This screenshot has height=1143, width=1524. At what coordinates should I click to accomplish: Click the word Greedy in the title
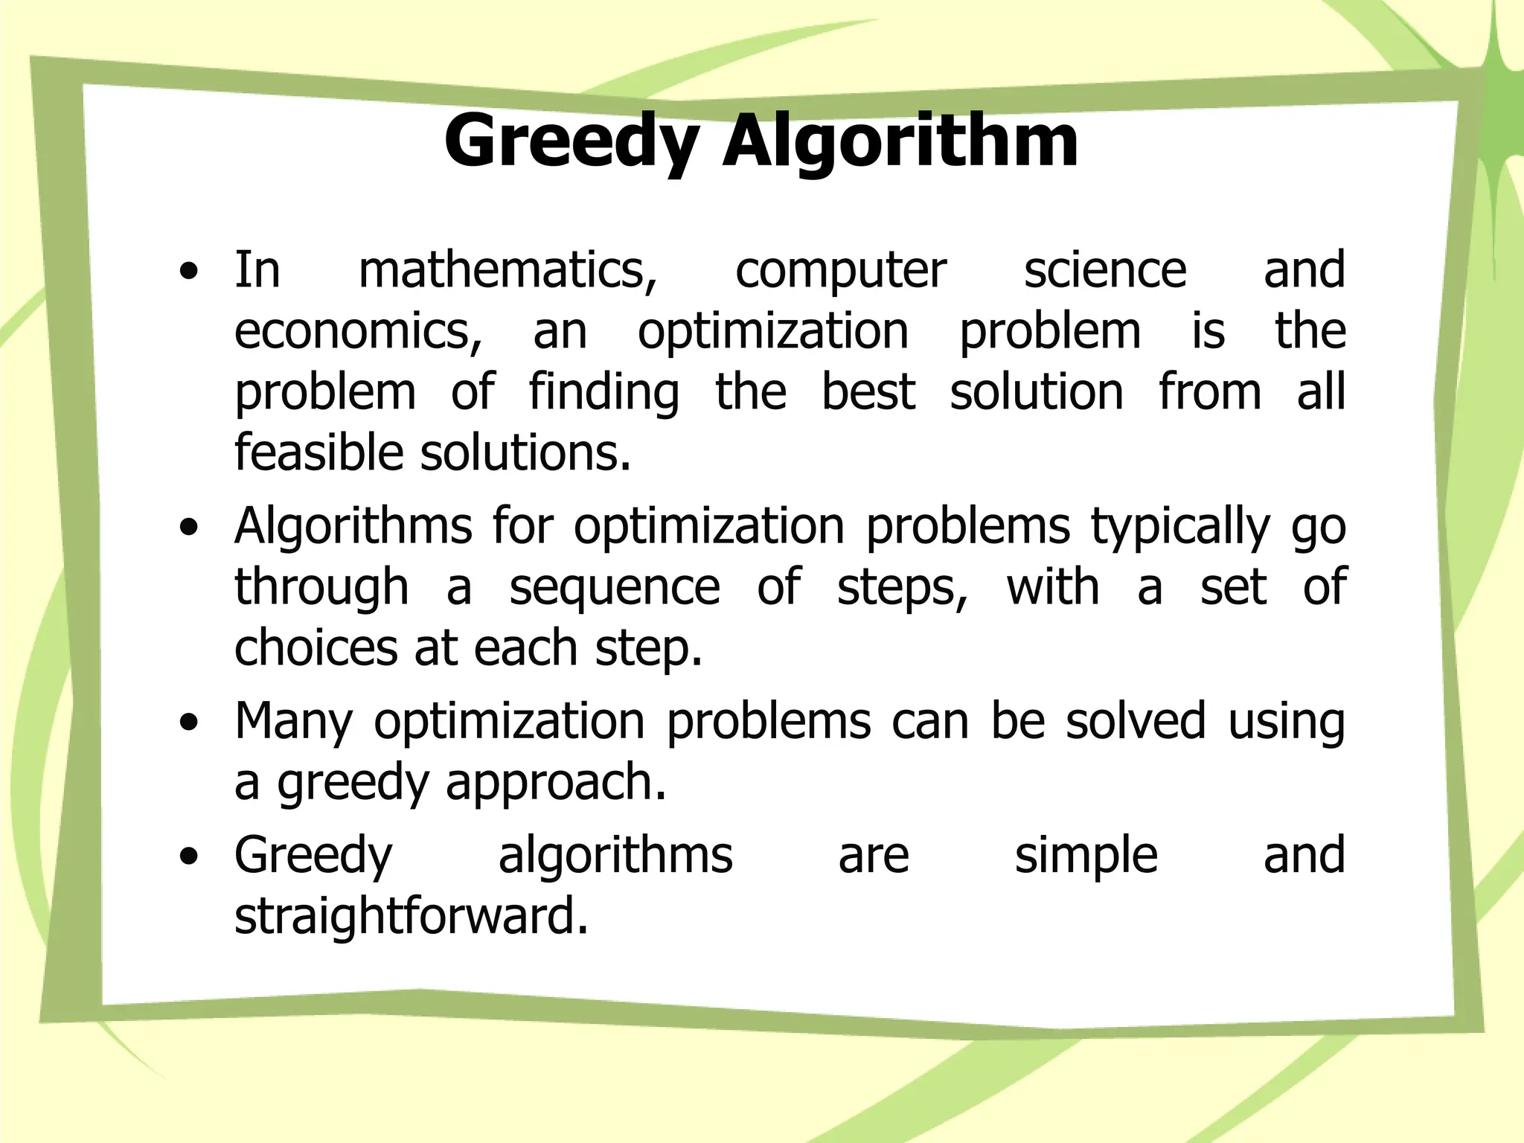pyautogui.click(x=571, y=141)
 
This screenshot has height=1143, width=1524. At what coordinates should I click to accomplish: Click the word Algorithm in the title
pyautogui.click(x=900, y=141)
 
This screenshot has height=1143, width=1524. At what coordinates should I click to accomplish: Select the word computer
pyautogui.click(x=841, y=271)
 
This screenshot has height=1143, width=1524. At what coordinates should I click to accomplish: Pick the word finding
pyautogui.click(x=604, y=393)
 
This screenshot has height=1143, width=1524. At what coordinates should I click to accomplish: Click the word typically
pyautogui.click(x=1180, y=527)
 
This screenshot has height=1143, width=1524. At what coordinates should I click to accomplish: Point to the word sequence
pyautogui.click(x=615, y=588)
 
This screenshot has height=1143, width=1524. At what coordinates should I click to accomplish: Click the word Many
pyautogui.click(x=293, y=722)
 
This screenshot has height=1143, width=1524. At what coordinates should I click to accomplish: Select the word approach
pyautogui.click(x=556, y=783)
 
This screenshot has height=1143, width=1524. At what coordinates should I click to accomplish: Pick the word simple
pyautogui.click(x=1086, y=856)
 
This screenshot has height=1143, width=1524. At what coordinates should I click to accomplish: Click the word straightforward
pyautogui.click(x=411, y=917)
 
